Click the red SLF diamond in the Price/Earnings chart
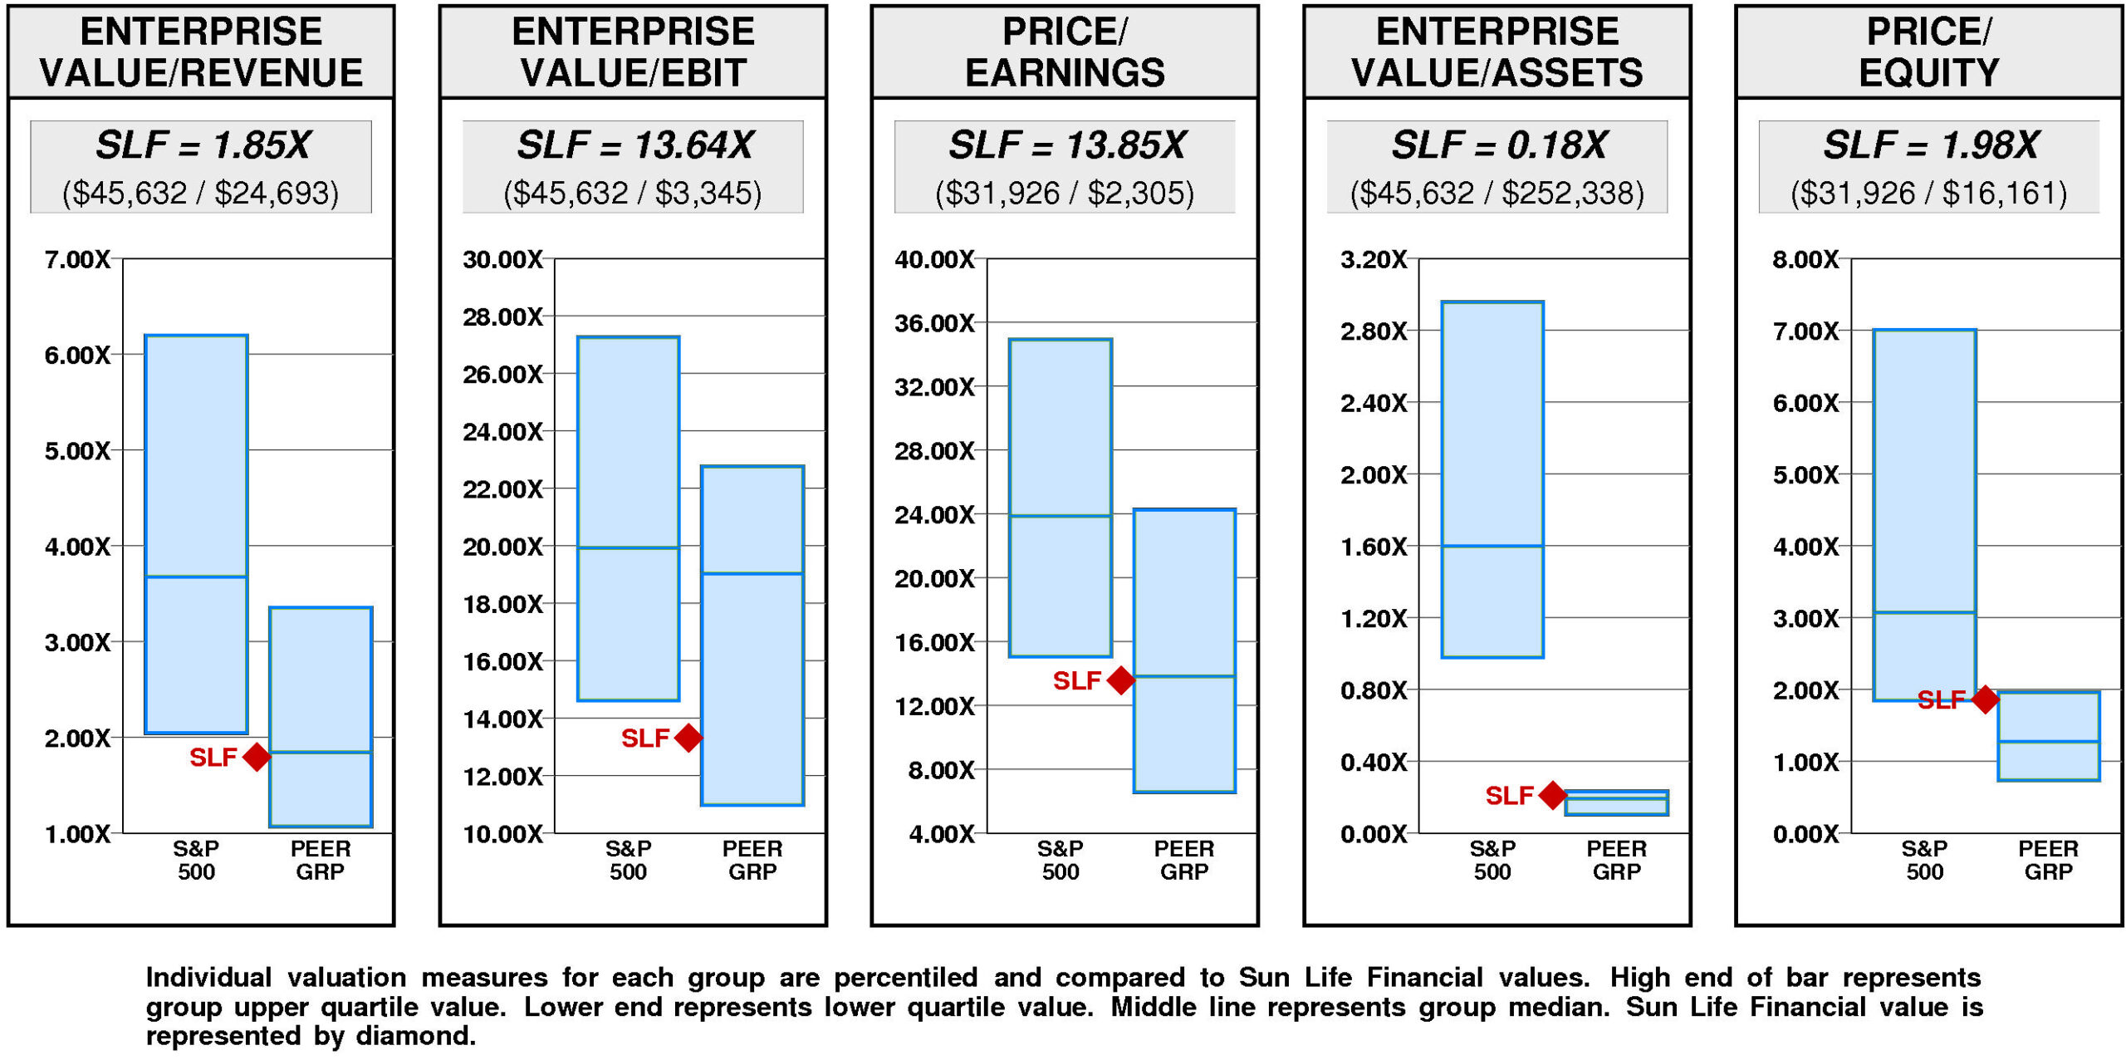click(1121, 680)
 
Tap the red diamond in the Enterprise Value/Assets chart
click(1552, 795)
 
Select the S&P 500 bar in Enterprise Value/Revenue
click(196, 533)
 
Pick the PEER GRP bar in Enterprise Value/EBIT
click(752, 636)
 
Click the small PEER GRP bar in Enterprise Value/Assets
click(1616, 802)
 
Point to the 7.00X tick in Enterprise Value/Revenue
click(77, 260)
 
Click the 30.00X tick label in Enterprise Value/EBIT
click(502, 260)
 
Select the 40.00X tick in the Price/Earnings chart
click(934, 260)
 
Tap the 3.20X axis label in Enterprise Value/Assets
click(1374, 260)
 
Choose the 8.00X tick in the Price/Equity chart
click(1805, 260)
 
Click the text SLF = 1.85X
click(202, 145)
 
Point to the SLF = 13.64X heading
click(634, 145)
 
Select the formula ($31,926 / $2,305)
click(1065, 194)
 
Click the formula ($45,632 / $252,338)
click(1497, 194)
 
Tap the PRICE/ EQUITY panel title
click(1928, 52)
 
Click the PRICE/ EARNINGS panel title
click(1065, 52)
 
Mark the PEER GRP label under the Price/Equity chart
click(2048, 860)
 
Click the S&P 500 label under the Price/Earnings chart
click(1061, 860)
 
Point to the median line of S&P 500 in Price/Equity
click(1924, 612)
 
